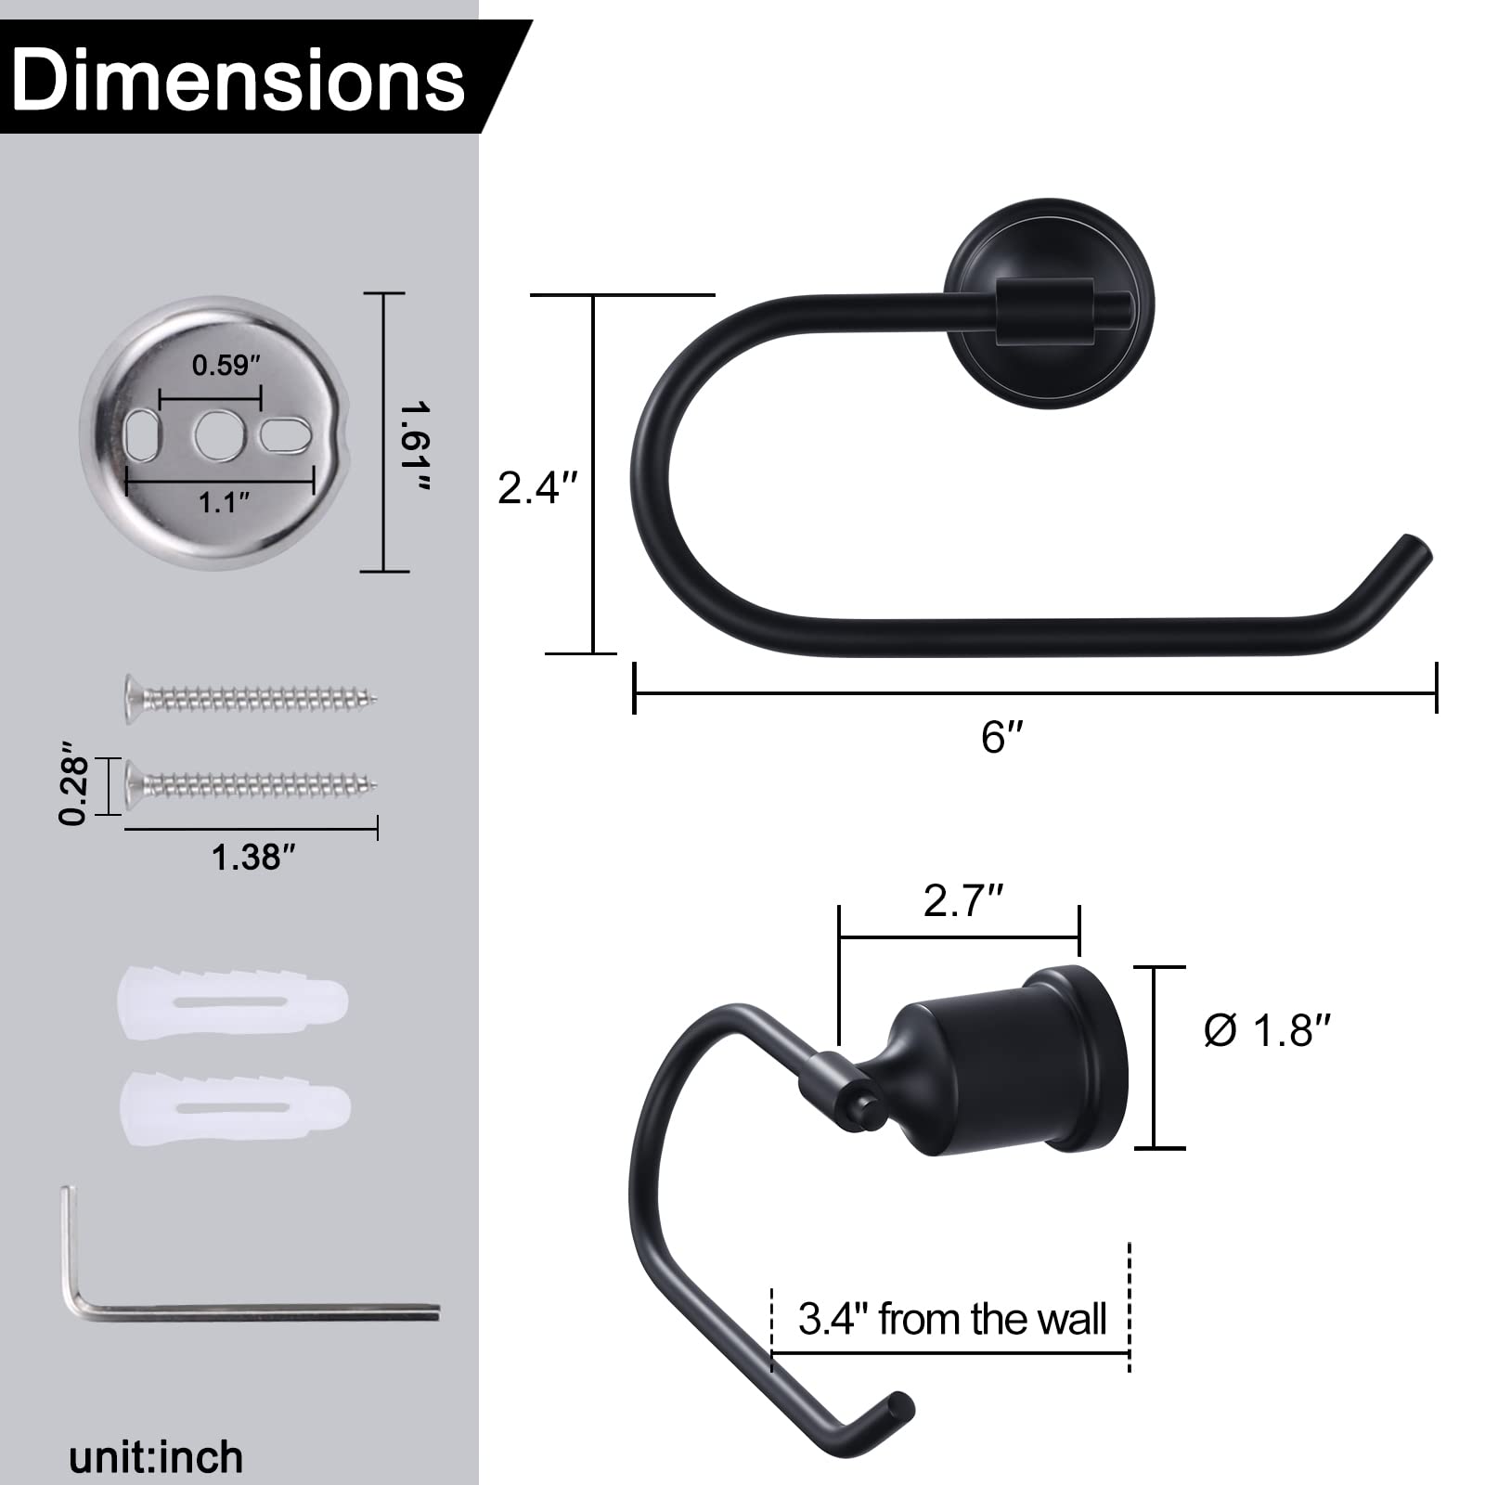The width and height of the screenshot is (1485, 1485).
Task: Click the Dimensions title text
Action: pos(239,82)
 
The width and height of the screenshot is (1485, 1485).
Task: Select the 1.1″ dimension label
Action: pos(224,504)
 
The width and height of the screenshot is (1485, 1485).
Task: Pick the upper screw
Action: pos(251,695)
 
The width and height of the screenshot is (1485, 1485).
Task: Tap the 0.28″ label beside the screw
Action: pos(73,781)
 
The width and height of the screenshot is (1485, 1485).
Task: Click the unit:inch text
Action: pos(156,1456)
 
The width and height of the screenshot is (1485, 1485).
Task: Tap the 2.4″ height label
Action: pos(538,487)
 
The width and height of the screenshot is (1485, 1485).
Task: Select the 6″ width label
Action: pos(1001,738)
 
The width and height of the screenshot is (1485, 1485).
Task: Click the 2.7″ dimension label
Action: pos(963,901)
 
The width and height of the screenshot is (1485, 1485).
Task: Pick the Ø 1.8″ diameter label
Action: pos(1267,1030)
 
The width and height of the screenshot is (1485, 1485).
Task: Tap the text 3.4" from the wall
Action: pos(952,1319)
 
